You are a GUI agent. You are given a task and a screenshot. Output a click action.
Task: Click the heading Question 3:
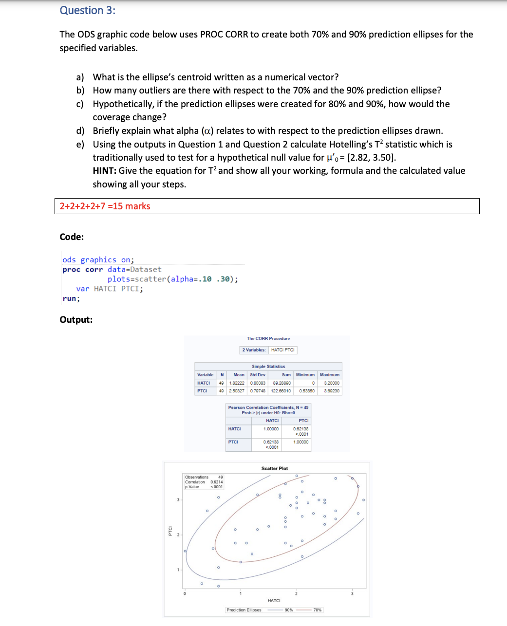click(x=88, y=10)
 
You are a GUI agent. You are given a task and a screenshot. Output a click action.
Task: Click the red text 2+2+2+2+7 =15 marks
click(x=105, y=206)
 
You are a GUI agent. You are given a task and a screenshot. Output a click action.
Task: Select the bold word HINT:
click(x=105, y=170)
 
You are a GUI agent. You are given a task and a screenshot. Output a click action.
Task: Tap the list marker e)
click(x=80, y=144)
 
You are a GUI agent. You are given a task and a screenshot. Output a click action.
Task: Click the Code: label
click(x=72, y=237)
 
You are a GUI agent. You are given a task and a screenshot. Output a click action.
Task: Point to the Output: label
click(x=76, y=319)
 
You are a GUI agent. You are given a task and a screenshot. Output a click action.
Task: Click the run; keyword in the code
click(x=71, y=298)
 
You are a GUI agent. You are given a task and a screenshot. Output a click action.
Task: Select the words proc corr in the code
click(x=83, y=269)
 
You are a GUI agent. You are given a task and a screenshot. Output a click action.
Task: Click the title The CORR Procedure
click(x=268, y=338)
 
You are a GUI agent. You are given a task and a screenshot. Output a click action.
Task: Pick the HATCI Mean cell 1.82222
click(x=237, y=383)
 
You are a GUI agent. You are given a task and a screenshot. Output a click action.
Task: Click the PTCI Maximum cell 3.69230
click(x=332, y=391)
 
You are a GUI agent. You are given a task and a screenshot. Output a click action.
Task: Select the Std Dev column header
click(x=258, y=375)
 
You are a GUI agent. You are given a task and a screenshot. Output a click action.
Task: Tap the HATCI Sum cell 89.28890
click(x=282, y=383)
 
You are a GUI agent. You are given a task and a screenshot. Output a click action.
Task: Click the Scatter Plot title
click(x=275, y=468)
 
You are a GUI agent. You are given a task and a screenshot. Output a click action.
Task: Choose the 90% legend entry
click(x=289, y=610)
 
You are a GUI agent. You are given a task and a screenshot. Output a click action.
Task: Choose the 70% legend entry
click(x=318, y=610)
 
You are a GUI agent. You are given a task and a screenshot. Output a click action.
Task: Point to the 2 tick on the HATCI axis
click(x=296, y=593)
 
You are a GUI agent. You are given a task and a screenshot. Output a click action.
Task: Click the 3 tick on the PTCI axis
click(x=178, y=500)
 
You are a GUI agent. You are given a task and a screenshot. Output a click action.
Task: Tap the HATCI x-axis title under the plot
click(x=274, y=601)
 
